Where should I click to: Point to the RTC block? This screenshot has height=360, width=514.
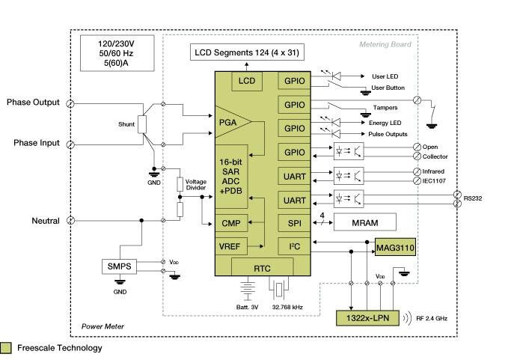click(263, 266)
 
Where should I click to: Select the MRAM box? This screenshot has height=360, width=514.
click(362, 223)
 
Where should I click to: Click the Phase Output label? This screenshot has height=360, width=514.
click(33, 103)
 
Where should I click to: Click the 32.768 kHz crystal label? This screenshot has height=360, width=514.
click(286, 308)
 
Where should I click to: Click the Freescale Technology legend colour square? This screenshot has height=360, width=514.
click(6, 348)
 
